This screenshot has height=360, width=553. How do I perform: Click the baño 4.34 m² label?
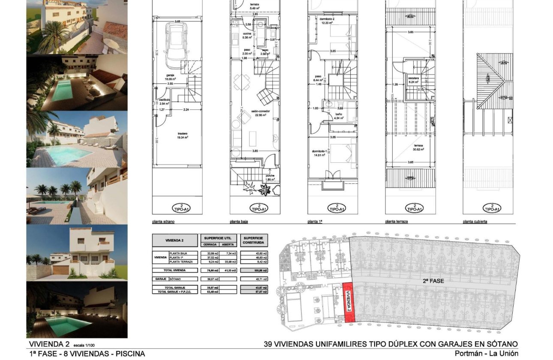click(339, 115)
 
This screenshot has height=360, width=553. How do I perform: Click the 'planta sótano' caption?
click(163, 222)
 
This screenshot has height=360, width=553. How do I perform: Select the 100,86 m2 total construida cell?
click(254, 270)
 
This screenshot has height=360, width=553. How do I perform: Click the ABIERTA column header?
click(227, 244)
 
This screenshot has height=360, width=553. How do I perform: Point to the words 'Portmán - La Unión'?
click(486, 354)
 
